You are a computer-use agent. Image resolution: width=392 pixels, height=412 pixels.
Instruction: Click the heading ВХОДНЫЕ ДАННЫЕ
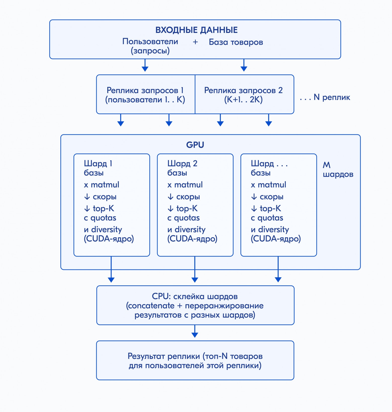pos(197,30)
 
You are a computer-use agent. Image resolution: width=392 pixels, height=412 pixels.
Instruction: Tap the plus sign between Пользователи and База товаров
pos(195,42)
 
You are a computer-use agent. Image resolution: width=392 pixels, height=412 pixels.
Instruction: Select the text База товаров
pos(236,42)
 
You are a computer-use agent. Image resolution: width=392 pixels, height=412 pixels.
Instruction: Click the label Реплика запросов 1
pos(145,90)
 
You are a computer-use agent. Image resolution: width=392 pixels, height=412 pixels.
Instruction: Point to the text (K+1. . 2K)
pos(243,100)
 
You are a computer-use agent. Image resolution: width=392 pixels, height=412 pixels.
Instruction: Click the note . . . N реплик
pos(325,97)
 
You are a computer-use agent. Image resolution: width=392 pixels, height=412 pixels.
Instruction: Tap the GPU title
pos(195,145)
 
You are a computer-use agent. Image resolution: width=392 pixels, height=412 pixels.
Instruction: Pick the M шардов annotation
pos(338,169)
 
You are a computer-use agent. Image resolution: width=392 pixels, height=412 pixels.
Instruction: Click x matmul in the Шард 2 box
pos(185,185)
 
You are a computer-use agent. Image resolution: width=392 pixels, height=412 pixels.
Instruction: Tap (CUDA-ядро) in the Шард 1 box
pos(109,239)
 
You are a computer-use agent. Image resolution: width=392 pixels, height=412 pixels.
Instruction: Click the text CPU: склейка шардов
pos(195,296)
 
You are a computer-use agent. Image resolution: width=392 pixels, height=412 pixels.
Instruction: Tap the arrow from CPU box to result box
pos(195,331)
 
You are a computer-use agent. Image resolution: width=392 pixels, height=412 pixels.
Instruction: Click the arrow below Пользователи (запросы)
pos(145,65)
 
